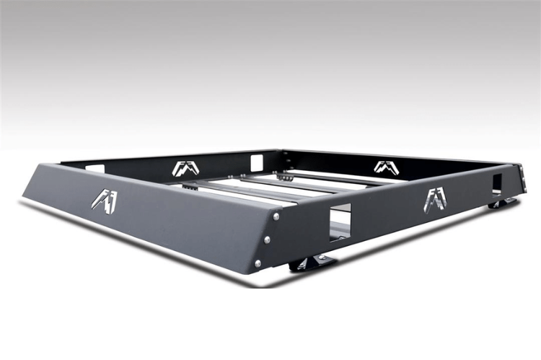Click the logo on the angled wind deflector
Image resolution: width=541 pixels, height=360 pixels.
[x=105, y=200]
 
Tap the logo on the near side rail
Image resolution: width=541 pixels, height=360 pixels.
[x=435, y=199]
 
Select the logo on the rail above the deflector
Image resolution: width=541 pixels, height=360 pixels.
[x=186, y=169]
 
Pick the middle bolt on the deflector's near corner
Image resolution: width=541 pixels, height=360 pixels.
[x=267, y=239]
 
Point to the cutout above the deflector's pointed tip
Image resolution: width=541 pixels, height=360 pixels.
[x=94, y=168]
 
